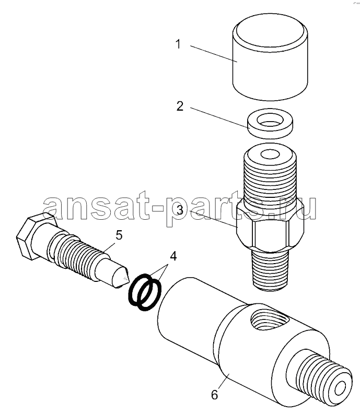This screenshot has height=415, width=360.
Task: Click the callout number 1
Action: pyautogui.click(x=178, y=44)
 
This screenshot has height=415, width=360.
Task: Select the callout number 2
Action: pyautogui.click(x=180, y=106)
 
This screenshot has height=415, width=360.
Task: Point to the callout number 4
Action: pyautogui.click(x=173, y=256)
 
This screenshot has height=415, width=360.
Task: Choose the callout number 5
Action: pyautogui.click(x=119, y=235)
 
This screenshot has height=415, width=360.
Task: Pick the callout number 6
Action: pyautogui.click(x=214, y=395)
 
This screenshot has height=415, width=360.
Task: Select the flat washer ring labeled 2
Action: pyautogui.click(x=270, y=123)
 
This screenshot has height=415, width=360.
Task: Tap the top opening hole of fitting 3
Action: pyautogui.click(x=270, y=154)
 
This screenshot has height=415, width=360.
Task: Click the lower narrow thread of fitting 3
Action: pyautogui.click(x=270, y=270)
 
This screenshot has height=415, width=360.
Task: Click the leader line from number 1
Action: pyautogui.click(x=214, y=54)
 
